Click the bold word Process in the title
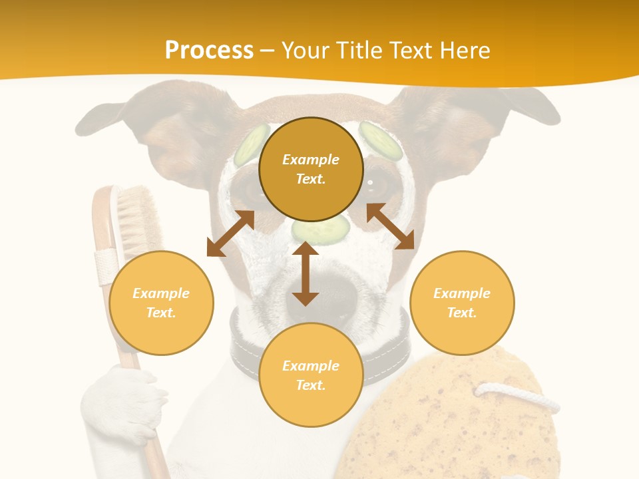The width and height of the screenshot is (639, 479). pos(209,51)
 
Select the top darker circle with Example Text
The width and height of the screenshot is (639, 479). pos(311,169)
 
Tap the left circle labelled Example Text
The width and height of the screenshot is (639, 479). pos(161,303)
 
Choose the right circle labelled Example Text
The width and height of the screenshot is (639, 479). pos(462,303)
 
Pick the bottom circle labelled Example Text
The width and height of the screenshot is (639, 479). pos(311,375)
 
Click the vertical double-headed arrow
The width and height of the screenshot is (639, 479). pos(306,273)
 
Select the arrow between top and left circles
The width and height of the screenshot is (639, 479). pos(230,234)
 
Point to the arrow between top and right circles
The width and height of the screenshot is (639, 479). pos(390,226)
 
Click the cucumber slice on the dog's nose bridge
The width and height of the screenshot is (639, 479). pos(321,230)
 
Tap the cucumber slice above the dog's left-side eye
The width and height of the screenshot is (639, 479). pos(252,142)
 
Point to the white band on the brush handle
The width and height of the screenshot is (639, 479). pos(105,266)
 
